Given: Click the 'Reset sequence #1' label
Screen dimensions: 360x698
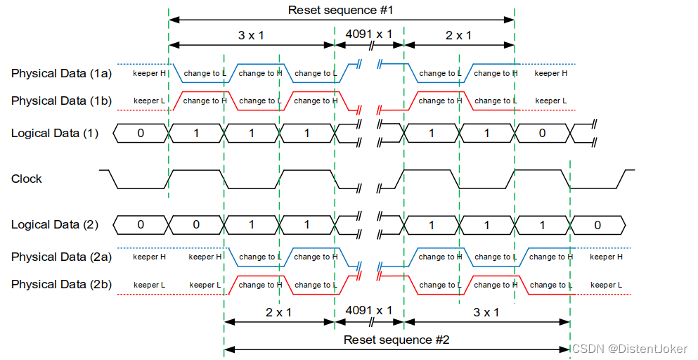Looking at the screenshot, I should (x=340, y=10).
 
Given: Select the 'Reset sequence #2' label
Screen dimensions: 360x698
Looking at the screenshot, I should (x=396, y=340).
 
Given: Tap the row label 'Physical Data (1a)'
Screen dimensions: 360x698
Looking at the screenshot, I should (x=61, y=73).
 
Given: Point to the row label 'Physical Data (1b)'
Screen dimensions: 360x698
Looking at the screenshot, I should (x=61, y=101).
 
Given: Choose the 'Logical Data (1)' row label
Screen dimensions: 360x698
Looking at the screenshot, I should (x=55, y=133).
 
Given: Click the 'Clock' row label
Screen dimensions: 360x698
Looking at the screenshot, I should (x=27, y=179).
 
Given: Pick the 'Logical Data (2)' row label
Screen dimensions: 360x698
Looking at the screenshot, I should (x=55, y=225).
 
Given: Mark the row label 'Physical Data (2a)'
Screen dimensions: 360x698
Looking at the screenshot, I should (x=61, y=257).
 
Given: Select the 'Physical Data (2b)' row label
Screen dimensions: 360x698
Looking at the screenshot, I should (x=61, y=284).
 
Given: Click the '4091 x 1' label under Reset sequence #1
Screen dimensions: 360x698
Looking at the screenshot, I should (x=369, y=33).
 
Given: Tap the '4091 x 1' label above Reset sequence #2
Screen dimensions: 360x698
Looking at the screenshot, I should (x=369, y=310).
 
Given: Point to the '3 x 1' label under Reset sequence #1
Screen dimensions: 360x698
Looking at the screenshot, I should (x=251, y=33).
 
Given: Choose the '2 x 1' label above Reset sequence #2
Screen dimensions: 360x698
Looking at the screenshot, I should (x=278, y=311).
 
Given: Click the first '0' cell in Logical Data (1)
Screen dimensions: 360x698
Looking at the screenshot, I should (x=141, y=133).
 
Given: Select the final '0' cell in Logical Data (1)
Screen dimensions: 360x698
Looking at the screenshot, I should (x=542, y=133).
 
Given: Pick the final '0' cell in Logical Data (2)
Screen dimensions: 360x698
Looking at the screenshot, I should (x=597, y=225).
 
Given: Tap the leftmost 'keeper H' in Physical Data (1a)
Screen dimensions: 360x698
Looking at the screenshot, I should (x=150, y=73).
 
